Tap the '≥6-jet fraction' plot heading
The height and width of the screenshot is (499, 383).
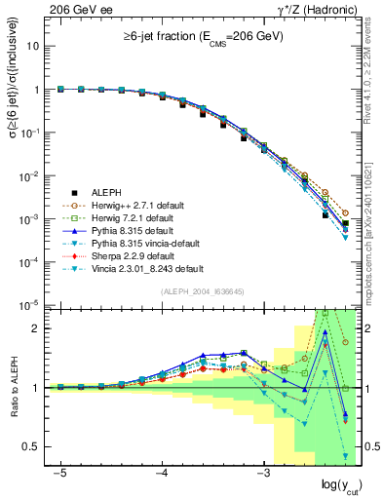(202, 40)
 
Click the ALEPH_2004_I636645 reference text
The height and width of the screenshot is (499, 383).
(202, 291)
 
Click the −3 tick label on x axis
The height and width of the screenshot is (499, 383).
(262, 473)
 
